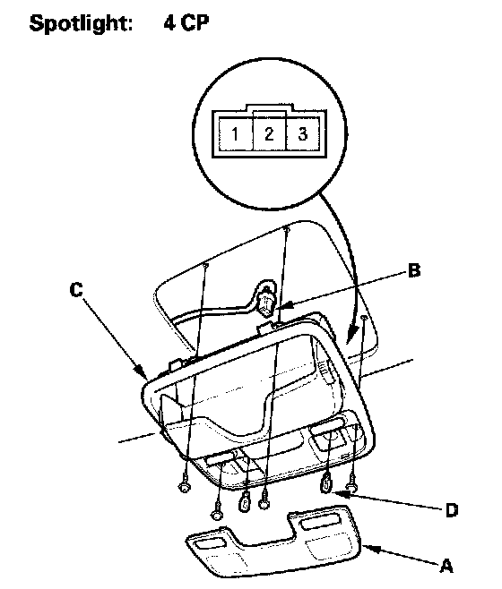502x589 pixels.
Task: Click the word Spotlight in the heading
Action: pyautogui.click(x=81, y=23)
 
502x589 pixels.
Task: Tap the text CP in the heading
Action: pyautogui.click(x=195, y=22)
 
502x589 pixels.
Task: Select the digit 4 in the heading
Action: pyautogui.click(x=169, y=22)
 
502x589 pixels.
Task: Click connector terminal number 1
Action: pyautogui.click(x=235, y=133)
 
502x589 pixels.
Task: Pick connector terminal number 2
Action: pyautogui.click(x=269, y=133)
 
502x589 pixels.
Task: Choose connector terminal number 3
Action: pyautogui.click(x=303, y=133)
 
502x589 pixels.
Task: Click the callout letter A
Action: pyautogui.click(x=446, y=566)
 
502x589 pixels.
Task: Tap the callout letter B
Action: pyautogui.click(x=414, y=270)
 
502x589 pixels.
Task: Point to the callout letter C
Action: pyautogui.click(x=76, y=290)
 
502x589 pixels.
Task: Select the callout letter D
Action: pyautogui.click(x=451, y=510)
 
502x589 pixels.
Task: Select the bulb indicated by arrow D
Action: pyautogui.click(x=326, y=483)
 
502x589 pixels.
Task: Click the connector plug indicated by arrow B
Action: pyautogui.click(x=266, y=299)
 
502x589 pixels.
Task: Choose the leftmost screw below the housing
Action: pyautogui.click(x=184, y=487)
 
